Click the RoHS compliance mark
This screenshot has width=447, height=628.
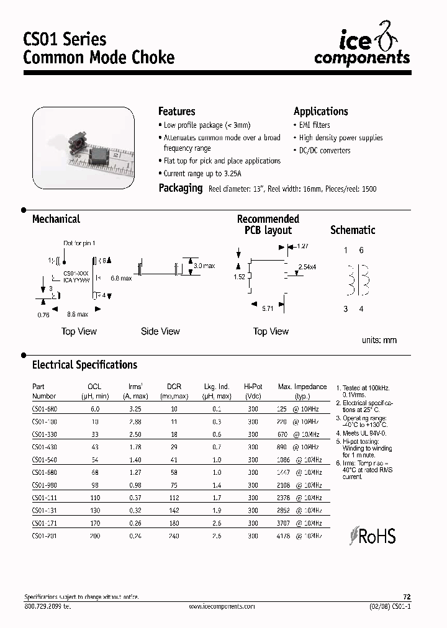coord(372,536)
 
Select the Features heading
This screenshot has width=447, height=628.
coord(177,112)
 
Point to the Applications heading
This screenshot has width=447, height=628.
coord(320,112)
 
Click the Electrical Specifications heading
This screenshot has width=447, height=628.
coord(84,365)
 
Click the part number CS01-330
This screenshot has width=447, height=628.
coord(44,435)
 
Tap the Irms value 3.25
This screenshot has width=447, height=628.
coord(134,409)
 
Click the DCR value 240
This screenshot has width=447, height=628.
coord(174,535)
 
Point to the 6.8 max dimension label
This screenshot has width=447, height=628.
coord(121,279)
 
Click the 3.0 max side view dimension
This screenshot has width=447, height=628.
coord(204,266)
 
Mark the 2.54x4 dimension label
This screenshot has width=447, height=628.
coord(307,267)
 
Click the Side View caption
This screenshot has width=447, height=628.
coord(160,331)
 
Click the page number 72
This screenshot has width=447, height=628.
coord(407,596)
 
